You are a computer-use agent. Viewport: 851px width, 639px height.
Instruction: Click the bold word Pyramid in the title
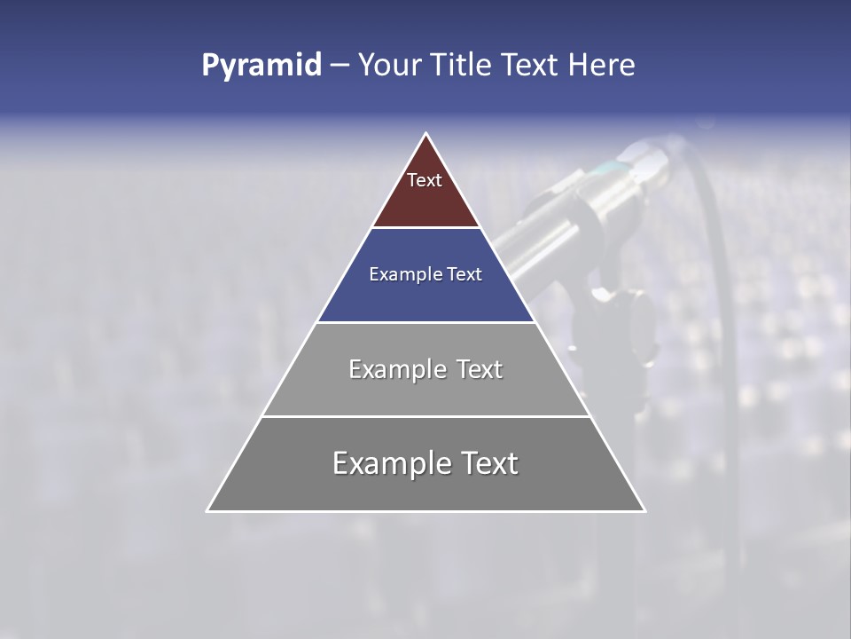pyautogui.click(x=261, y=66)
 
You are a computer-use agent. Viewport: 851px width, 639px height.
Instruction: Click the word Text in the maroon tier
pyautogui.click(x=425, y=180)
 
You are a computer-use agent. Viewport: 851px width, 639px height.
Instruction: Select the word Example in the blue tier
pyautogui.click(x=404, y=274)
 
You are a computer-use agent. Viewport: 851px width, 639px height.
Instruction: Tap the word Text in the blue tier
pyautogui.click(x=463, y=274)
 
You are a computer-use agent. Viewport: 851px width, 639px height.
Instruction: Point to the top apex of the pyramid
pyautogui.click(x=426, y=135)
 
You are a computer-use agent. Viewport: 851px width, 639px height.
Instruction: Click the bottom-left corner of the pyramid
pyautogui.click(x=208, y=510)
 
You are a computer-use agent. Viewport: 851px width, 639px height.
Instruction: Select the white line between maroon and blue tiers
pyautogui.click(x=425, y=228)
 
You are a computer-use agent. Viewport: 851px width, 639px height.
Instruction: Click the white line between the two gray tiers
pyautogui.click(x=425, y=416)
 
